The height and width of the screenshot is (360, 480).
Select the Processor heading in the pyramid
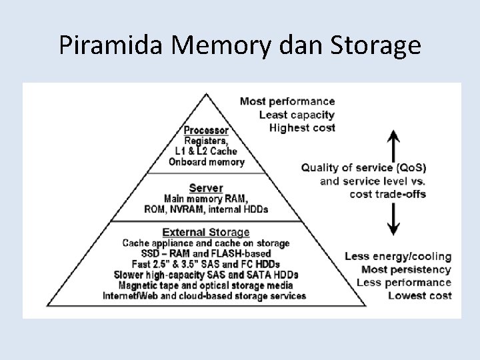tap(206, 130)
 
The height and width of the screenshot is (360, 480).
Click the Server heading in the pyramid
tap(206, 189)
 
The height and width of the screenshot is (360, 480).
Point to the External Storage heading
tap(206, 233)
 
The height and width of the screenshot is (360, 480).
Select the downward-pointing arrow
tap(394, 219)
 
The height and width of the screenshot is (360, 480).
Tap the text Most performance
tap(287, 101)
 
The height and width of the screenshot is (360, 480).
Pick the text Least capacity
tap(297, 115)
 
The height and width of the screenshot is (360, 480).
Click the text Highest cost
tap(302, 127)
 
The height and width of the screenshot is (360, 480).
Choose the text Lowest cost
tap(419, 295)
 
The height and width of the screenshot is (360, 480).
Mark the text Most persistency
tap(406, 270)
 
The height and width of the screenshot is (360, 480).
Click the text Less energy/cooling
tap(398, 257)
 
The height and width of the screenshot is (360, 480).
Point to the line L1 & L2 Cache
tap(206, 151)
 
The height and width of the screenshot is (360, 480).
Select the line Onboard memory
tap(206, 161)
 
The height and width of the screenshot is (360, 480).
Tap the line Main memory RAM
tap(206, 199)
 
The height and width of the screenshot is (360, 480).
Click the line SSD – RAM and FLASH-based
tap(206, 253)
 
